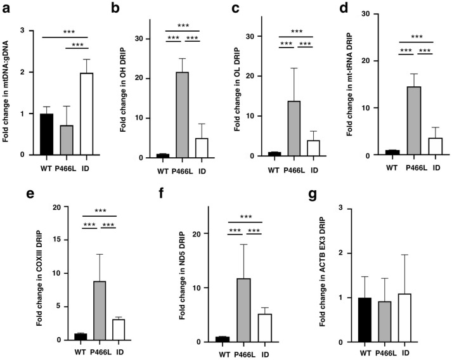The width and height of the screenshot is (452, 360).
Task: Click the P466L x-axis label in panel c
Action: pyautogui.click(x=300, y=170)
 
